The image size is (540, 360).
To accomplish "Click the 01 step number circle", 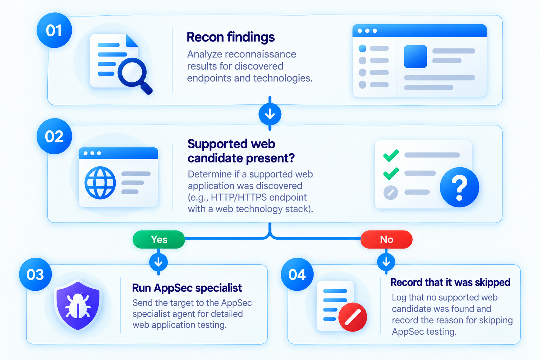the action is click(x=54, y=30).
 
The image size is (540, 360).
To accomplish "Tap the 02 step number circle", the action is click(x=54, y=136).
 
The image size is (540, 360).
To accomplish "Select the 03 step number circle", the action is click(x=36, y=275).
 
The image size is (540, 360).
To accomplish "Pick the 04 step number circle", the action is click(x=297, y=275).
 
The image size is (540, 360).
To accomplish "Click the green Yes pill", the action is click(x=159, y=239).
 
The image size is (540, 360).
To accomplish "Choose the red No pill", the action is click(x=386, y=239).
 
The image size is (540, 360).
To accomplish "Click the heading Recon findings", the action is click(x=231, y=37).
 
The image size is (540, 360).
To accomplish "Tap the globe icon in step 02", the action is click(x=100, y=183).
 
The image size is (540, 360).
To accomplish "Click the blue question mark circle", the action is click(x=459, y=187).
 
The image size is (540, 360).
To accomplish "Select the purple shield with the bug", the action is click(x=78, y=305).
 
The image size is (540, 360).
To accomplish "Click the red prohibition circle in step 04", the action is click(x=353, y=317).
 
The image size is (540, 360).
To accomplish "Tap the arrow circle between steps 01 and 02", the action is click(x=270, y=114).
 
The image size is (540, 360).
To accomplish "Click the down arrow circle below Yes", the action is click(x=159, y=262).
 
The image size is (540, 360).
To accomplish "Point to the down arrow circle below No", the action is click(x=386, y=262).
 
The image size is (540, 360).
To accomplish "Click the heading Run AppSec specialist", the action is click(x=187, y=288).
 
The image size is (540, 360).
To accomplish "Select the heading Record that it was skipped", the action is click(x=450, y=282).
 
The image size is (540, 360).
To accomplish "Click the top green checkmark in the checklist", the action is click(x=391, y=155).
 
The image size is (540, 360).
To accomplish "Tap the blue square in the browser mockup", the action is click(x=415, y=57).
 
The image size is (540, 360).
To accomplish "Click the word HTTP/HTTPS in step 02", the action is click(x=239, y=197).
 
